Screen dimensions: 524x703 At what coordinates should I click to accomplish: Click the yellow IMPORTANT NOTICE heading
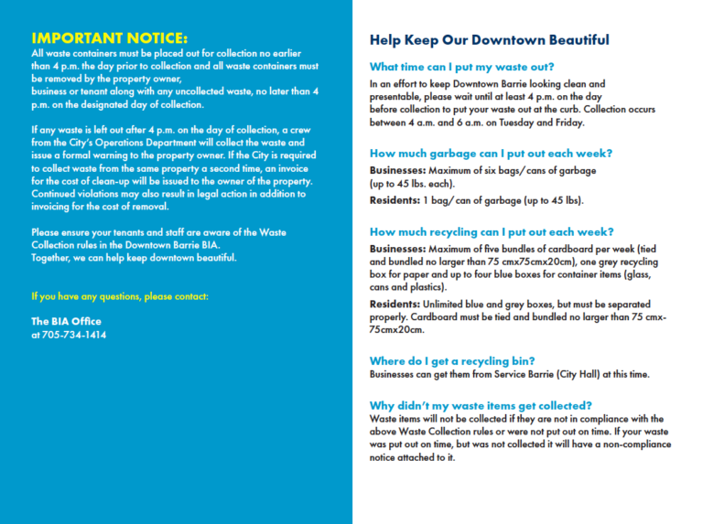click(x=109, y=38)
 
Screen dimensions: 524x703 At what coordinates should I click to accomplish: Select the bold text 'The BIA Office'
click(x=66, y=322)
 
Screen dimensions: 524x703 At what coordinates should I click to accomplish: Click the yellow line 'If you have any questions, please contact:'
click(x=120, y=296)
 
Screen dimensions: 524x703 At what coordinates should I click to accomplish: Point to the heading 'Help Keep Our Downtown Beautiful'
click(x=489, y=40)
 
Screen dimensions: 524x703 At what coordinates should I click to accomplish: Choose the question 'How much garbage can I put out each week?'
click(x=491, y=154)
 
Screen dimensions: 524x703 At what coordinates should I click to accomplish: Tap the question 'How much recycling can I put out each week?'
click(x=492, y=231)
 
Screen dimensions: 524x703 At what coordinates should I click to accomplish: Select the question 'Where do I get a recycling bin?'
click(x=452, y=360)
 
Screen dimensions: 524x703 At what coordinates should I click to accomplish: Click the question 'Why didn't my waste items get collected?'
click(x=481, y=405)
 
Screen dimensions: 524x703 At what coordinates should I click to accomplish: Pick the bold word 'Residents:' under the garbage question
click(x=395, y=200)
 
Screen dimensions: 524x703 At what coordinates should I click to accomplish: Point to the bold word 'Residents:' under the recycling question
click(x=395, y=304)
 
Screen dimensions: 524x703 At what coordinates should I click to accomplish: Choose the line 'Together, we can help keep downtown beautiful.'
click(x=134, y=258)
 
